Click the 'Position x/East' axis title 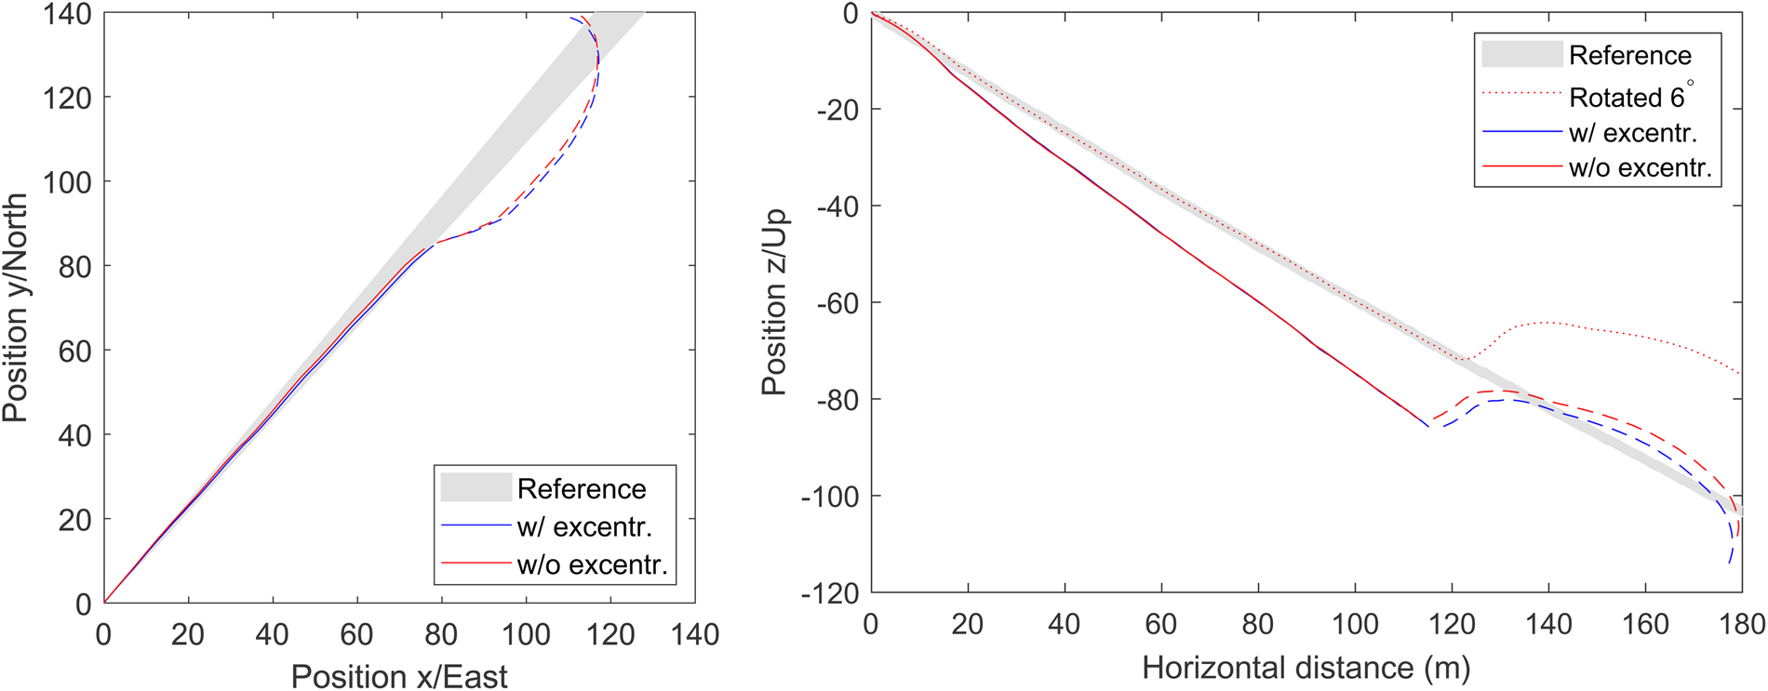(399, 675)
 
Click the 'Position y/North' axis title (16, 308)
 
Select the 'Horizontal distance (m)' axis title (1306, 667)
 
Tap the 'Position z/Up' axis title (774, 302)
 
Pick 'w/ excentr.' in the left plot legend (584, 526)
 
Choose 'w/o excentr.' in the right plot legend (1640, 167)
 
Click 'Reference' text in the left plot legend (582, 488)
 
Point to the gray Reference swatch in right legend (1521, 55)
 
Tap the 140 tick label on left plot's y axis (67, 14)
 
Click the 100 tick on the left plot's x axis (526, 634)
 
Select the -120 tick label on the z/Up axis (830, 592)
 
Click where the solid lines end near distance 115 (1427, 425)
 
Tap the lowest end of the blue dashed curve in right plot (1729, 563)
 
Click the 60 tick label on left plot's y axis (74, 351)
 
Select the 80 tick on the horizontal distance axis (1258, 623)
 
